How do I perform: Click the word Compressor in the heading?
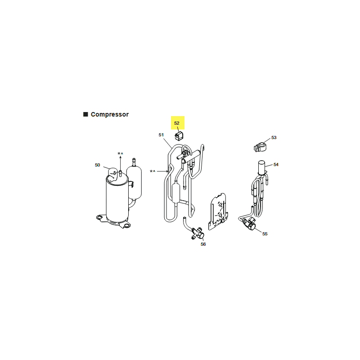(x=109, y=114)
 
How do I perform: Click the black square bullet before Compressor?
(x=85, y=114)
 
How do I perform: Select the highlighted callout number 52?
(x=176, y=123)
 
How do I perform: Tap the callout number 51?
(x=161, y=135)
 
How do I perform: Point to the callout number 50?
(x=97, y=165)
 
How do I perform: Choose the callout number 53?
(x=274, y=138)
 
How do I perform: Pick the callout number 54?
(x=276, y=165)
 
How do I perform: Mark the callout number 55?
(x=265, y=234)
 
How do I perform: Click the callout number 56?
(x=203, y=244)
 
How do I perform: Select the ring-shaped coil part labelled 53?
(x=260, y=147)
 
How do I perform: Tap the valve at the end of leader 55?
(x=249, y=224)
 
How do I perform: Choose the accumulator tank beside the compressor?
(x=134, y=181)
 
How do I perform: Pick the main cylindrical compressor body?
(x=117, y=198)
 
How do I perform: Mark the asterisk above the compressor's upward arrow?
(x=119, y=153)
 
